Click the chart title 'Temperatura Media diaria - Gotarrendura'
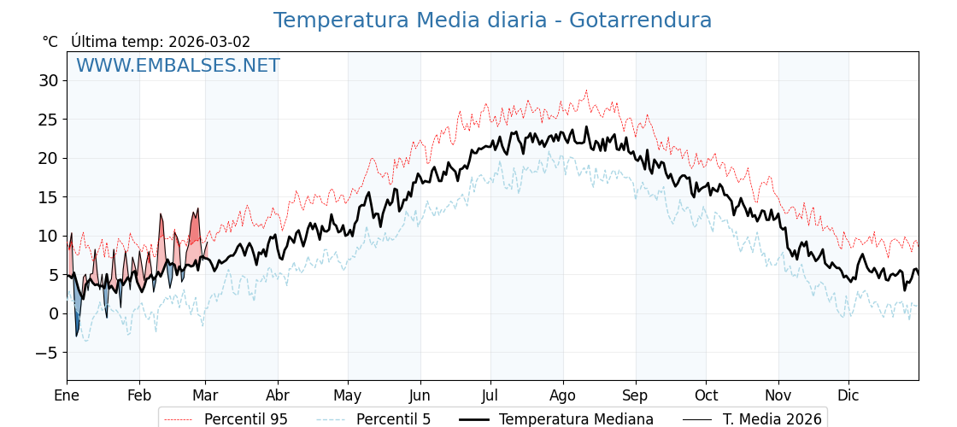(x=492, y=20)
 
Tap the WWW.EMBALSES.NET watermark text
(x=178, y=66)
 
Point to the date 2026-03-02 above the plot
(x=209, y=42)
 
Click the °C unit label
(x=50, y=42)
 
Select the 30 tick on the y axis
(x=48, y=81)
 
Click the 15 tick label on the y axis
(x=48, y=197)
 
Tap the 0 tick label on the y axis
(x=53, y=313)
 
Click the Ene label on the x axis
(x=67, y=395)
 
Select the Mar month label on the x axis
(x=205, y=395)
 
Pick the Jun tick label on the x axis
(x=420, y=395)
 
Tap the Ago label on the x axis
(x=563, y=395)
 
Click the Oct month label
(x=706, y=395)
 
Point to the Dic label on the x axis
(x=848, y=395)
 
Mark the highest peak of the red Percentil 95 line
(x=586, y=90)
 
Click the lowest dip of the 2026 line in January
(x=76, y=336)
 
